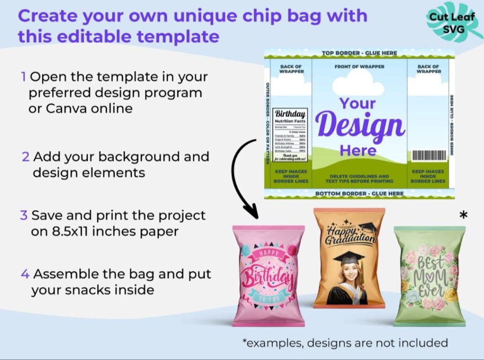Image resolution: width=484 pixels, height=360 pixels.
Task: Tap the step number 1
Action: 23,77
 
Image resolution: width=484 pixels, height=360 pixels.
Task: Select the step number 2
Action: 26,156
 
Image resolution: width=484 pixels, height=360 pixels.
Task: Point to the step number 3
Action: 24,215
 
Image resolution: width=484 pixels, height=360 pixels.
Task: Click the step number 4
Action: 25,274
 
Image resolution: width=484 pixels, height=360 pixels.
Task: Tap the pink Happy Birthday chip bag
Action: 268,276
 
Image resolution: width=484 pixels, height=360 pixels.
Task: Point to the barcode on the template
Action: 429,156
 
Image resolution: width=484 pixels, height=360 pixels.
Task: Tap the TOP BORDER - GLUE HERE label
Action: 359,53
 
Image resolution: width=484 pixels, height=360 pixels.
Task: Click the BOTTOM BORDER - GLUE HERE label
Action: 359,194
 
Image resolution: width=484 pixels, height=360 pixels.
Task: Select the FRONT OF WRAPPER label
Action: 359,67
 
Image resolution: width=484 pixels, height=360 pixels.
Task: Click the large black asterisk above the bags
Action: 464,215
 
